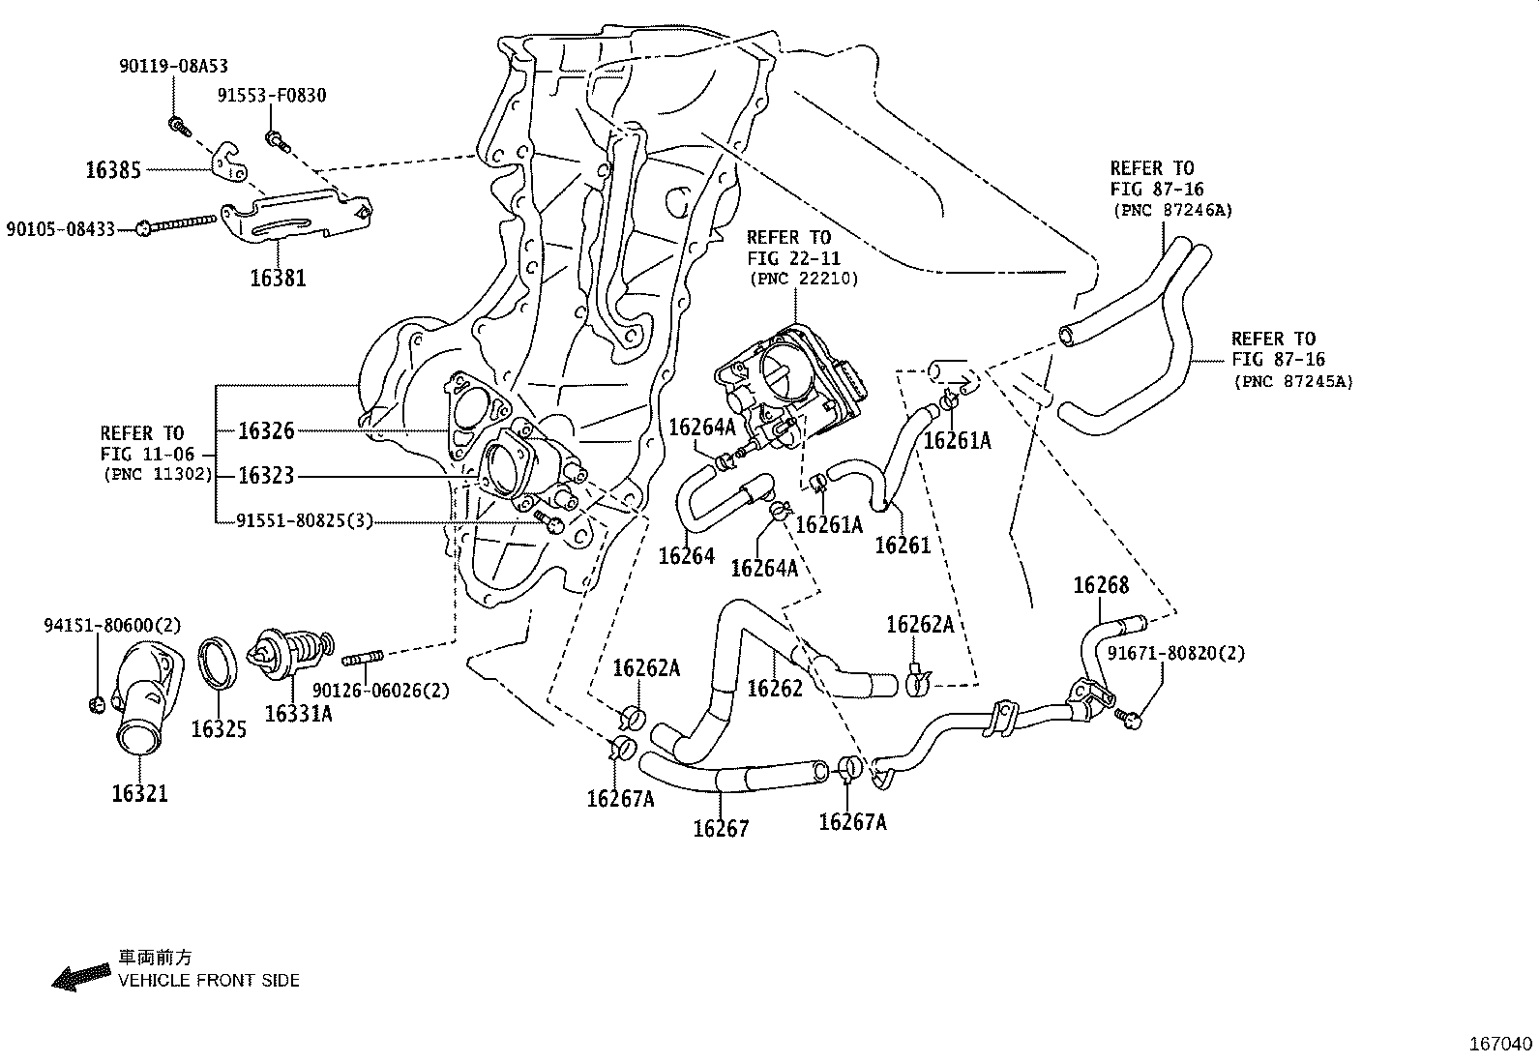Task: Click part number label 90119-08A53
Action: point(173,66)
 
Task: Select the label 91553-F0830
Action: point(271,95)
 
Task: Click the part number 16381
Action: point(278,279)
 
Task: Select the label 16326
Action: point(266,431)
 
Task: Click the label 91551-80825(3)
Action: point(305,521)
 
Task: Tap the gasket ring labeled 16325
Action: point(220,664)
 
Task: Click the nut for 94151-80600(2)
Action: point(97,702)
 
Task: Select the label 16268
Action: point(1101,585)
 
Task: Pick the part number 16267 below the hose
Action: point(721,829)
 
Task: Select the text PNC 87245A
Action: point(1292,381)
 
